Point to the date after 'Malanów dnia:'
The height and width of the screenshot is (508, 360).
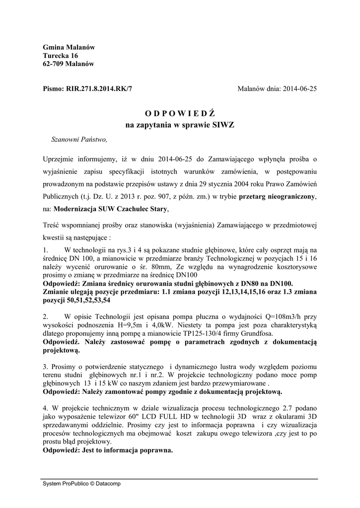point(299,89)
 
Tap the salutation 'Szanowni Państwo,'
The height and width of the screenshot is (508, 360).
point(79,140)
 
